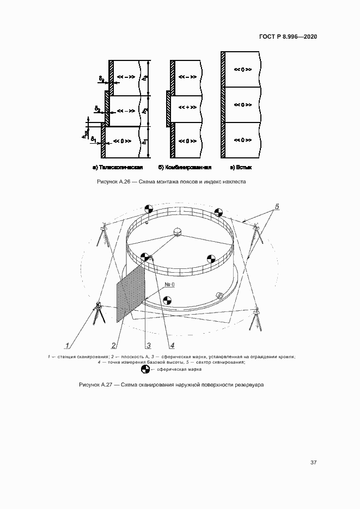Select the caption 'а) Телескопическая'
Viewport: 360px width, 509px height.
click(118, 167)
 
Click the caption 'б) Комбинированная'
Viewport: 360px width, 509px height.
click(184, 167)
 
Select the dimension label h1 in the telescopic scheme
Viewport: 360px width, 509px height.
click(144, 140)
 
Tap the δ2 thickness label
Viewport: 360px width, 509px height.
click(96, 109)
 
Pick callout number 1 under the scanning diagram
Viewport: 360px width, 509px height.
click(67, 345)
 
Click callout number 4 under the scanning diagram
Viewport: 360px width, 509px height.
click(172, 345)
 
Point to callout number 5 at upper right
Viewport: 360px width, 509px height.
click(277, 207)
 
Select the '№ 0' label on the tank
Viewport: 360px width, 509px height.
click(169, 285)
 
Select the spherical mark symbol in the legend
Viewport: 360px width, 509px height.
click(145, 369)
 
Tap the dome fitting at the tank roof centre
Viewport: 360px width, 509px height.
click(178, 232)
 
